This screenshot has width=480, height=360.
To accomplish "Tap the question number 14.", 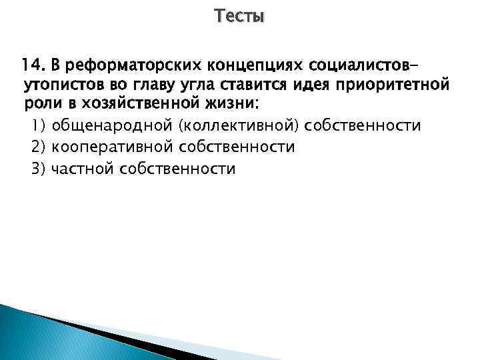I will (32, 65).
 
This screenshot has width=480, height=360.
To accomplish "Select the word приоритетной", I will (395, 86).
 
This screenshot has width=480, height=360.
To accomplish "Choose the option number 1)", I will (38, 126).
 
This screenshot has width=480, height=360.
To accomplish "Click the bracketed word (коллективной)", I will (235, 126).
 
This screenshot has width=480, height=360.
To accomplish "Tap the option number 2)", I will (38, 147).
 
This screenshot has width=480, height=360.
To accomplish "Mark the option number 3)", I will (38, 169).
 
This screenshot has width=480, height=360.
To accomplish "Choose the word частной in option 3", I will (83, 169).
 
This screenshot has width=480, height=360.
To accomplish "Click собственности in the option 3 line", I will (177, 169).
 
